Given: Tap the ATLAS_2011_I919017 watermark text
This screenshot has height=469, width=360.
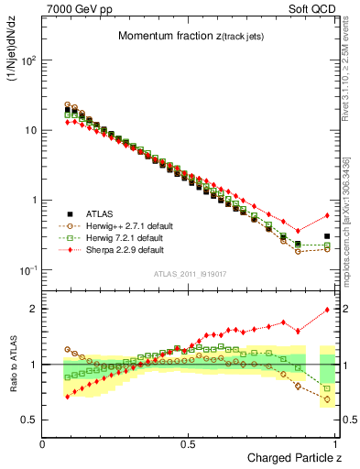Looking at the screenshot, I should (x=190, y=273).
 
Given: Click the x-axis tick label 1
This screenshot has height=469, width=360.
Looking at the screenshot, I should (x=336, y=443).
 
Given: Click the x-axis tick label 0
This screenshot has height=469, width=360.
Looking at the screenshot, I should (x=43, y=443).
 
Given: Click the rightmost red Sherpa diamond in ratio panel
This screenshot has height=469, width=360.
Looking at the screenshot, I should (x=327, y=310).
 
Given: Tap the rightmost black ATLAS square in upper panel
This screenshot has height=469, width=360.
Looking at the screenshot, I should (x=327, y=236).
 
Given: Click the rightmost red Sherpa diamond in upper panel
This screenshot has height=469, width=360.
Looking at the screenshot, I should (x=327, y=216).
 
